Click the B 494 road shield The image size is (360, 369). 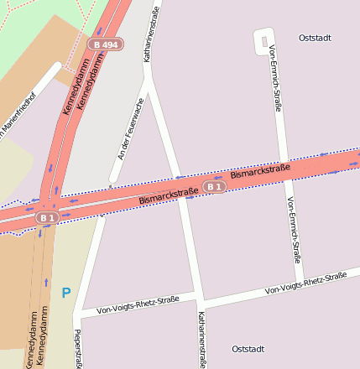[x=107, y=44]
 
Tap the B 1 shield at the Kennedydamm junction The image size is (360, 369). [x=46, y=217]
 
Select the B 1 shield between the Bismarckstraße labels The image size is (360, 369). [x=215, y=186]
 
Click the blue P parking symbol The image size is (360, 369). [x=65, y=294]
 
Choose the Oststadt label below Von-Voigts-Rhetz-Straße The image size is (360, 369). [x=248, y=349]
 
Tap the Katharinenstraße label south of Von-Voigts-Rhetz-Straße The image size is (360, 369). [x=201, y=340]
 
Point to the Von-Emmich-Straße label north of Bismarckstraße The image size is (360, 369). [x=274, y=80]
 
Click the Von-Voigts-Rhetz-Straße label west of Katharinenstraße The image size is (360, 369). [x=138, y=304]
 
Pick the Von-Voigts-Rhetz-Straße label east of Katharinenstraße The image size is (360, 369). [x=305, y=283]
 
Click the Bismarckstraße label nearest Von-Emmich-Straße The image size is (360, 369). [x=260, y=174]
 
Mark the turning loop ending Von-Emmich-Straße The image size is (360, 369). [x=263, y=39]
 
